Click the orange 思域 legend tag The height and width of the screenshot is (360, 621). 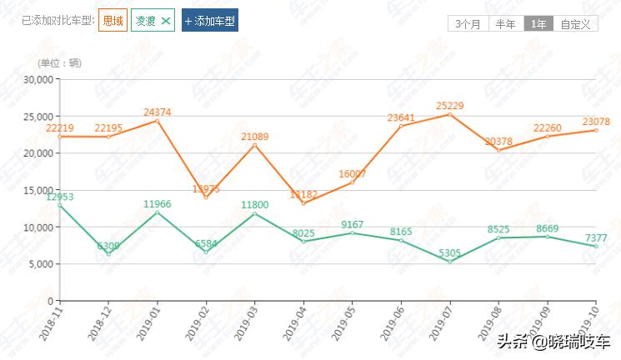113,21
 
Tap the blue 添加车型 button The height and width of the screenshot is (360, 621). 210,21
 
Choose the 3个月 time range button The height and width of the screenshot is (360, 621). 468,24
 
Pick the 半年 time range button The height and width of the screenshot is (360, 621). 505,24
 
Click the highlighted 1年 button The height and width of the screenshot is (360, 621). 538,24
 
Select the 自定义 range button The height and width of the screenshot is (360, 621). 575,24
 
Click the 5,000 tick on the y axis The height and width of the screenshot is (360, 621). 39,264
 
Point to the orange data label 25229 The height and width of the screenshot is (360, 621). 450,105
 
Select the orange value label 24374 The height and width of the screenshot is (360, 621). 158,112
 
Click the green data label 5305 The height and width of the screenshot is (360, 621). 450,252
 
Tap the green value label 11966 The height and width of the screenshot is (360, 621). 158,203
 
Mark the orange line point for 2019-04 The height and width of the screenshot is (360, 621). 303,203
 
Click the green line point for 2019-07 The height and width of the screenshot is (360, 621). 450,262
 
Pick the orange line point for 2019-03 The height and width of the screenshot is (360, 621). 255,146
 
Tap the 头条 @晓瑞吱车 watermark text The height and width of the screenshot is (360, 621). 554,342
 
